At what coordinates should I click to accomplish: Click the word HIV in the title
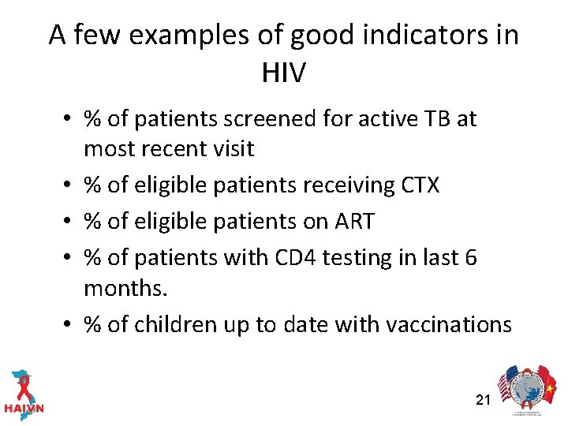pos(283,73)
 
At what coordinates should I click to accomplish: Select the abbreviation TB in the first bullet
pos(440,119)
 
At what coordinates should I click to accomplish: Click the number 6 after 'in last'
pos(470,257)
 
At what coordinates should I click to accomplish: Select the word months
pos(125,288)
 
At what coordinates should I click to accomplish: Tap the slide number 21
pos(484,400)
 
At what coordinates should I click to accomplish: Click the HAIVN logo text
pos(24,409)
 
